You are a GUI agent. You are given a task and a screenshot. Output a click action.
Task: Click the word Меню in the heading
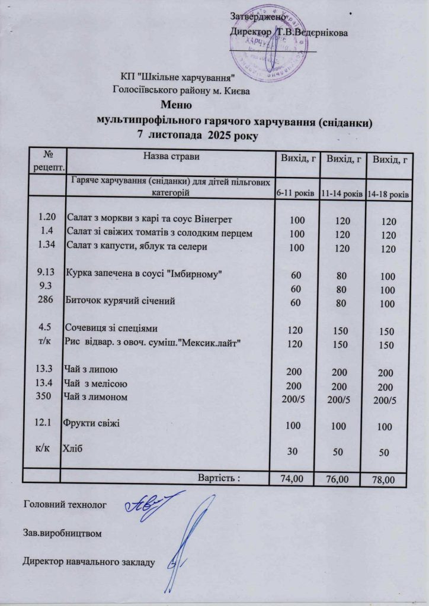tap(176, 106)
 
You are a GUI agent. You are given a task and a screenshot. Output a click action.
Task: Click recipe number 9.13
tap(46, 273)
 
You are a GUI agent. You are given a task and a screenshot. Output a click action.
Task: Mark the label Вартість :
tap(218, 477)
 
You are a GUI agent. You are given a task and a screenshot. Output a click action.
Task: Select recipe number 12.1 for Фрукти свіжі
tap(46, 423)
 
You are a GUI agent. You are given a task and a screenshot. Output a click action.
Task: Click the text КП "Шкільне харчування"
tap(178, 77)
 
